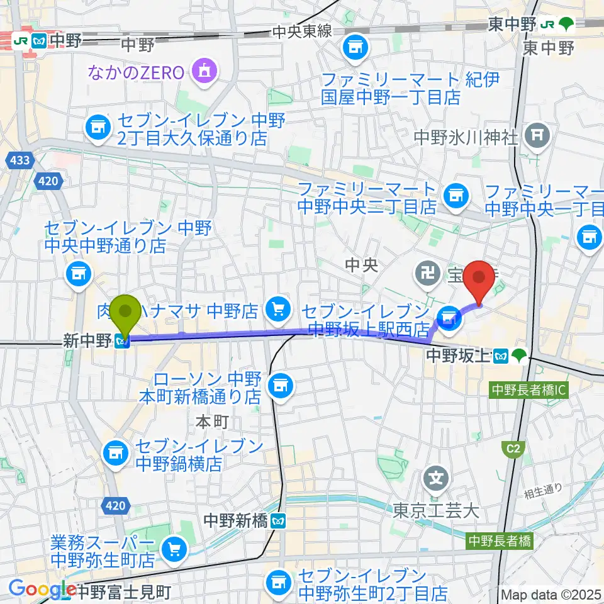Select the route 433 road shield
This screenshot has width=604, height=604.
(x=20, y=161)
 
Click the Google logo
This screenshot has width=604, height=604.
(x=42, y=590)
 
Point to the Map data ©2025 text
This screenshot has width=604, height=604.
(x=551, y=594)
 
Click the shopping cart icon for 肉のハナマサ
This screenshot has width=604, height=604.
(x=278, y=308)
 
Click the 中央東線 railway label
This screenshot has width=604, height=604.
(x=302, y=31)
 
